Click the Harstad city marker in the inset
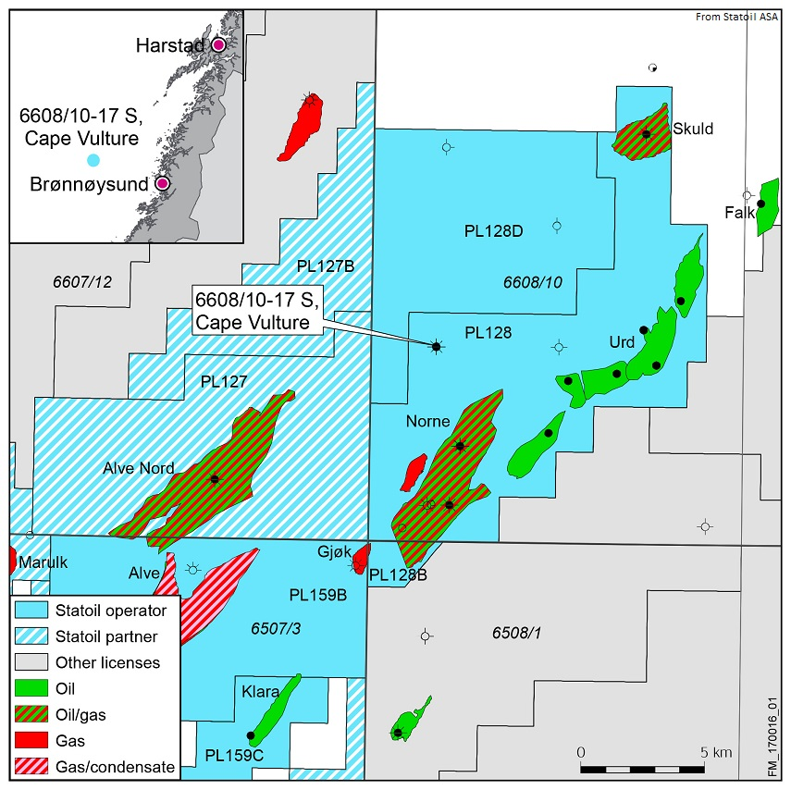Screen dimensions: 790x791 pos(218,44)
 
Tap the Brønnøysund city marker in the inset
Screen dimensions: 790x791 pos(163,183)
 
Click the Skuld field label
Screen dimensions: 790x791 pos(693,129)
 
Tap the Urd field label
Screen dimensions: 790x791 pos(621,342)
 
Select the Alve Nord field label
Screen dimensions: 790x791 pos(138,468)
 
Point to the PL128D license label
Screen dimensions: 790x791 pos(493,231)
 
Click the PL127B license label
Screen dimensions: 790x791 pos(327,267)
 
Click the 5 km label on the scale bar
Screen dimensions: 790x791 pos(711,750)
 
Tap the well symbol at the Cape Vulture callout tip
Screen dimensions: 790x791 pos(436,346)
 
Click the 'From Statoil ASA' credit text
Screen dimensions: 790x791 pos(738,17)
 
